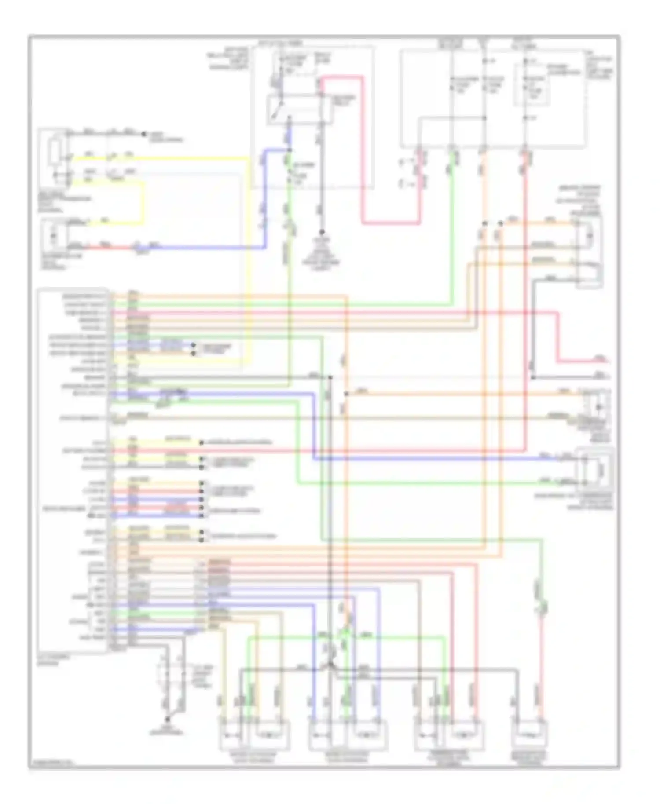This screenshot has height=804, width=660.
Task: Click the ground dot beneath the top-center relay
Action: pyautogui.click(x=322, y=232)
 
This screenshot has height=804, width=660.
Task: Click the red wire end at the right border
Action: pyautogui.click(x=609, y=362)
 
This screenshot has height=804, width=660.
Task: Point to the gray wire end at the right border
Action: pyautogui.click(x=609, y=377)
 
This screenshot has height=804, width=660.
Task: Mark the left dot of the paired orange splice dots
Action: pyautogui.click(x=484, y=223)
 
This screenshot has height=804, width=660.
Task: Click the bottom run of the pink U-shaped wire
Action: pyautogui.click(x=392, y=223)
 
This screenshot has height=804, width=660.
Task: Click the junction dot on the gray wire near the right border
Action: pyautogui.click(x=532, y=377)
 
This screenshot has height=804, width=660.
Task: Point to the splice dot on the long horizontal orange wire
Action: pyautogui.click(x=346, y=394)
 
